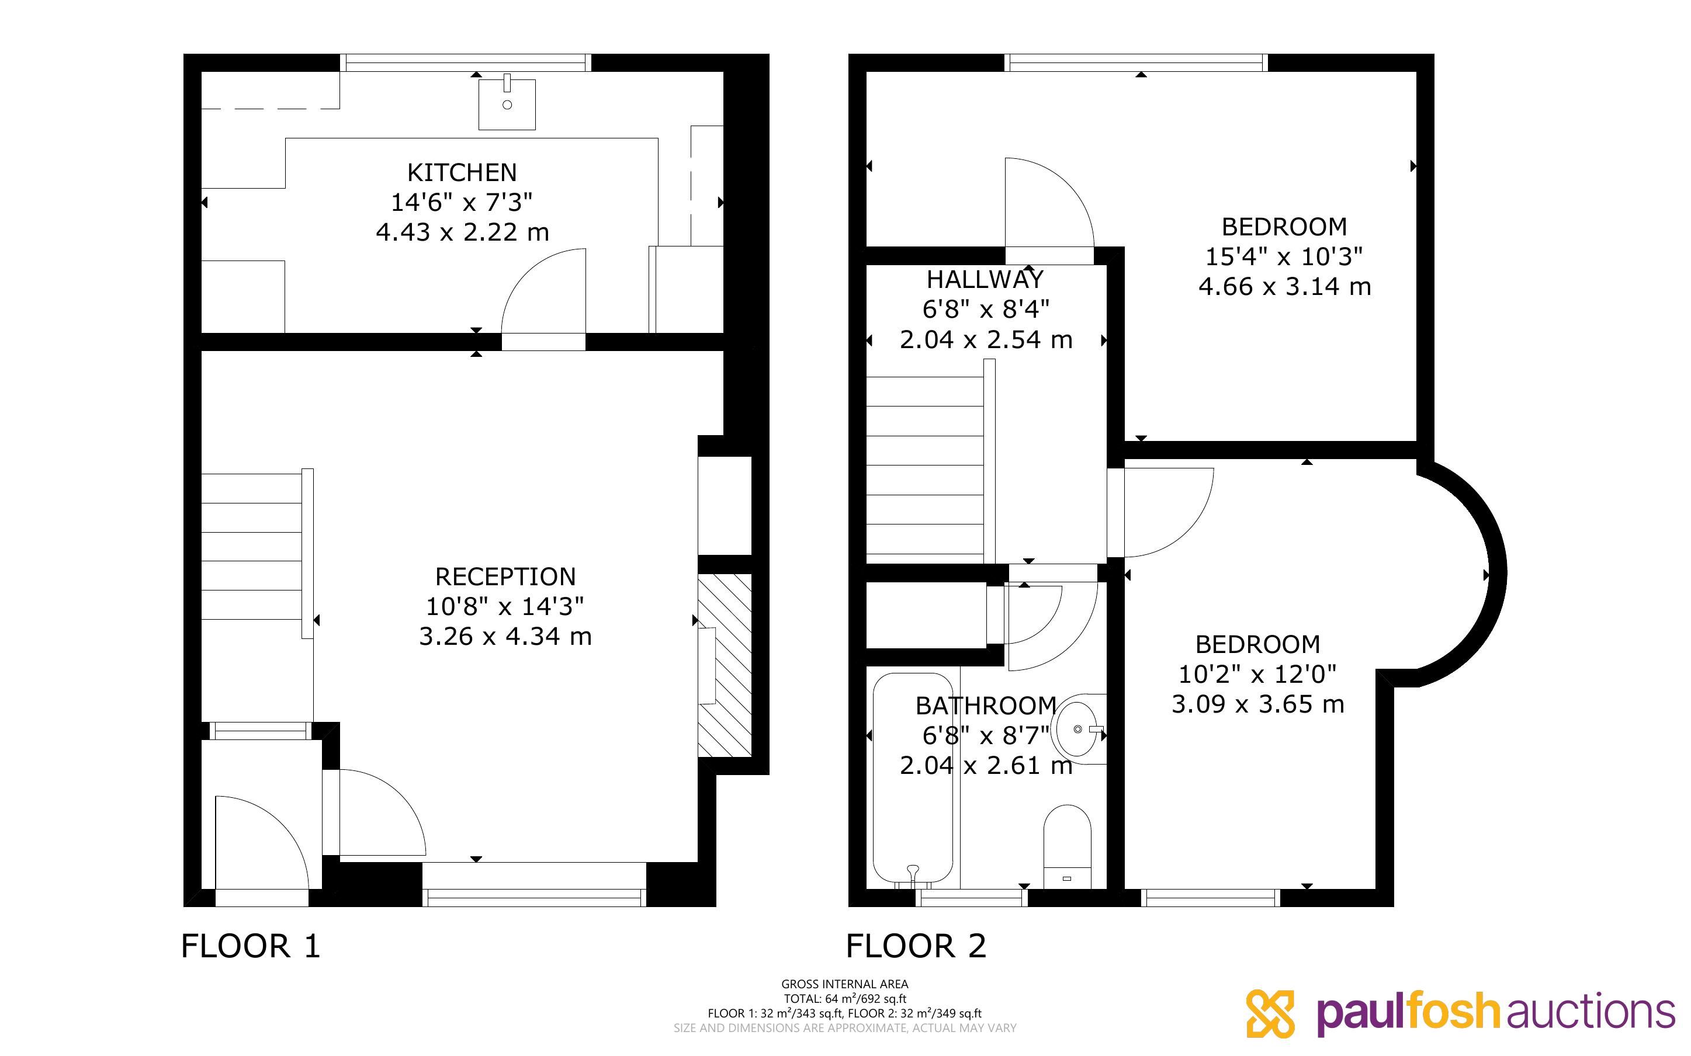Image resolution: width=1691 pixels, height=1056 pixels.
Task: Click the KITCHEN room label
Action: [x=462, y=172]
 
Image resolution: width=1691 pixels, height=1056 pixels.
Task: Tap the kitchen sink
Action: [x=507, y=104]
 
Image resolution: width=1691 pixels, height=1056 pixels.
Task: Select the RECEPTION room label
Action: [x=505, y=577]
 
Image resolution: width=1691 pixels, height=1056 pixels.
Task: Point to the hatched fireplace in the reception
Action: [x=725, y=665]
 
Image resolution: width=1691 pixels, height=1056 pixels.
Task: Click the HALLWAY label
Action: [x=985, y=279]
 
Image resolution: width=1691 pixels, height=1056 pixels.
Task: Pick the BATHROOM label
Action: [x=986, y=706]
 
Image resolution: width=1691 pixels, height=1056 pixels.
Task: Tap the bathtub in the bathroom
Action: [x=913, y=779]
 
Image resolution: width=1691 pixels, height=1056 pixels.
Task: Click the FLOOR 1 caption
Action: [x=251, y=946]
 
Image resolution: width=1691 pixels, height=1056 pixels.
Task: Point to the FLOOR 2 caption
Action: [x=916, y=946]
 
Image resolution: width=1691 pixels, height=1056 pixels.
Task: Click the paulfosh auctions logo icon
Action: [x=1270, y=1013]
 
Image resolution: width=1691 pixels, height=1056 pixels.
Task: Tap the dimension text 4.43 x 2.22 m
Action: [x=462, y=232]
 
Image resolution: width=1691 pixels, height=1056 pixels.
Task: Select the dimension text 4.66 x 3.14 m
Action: [x=1284, y=286]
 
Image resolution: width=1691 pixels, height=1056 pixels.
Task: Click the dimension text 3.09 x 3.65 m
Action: [x=1258, y=704]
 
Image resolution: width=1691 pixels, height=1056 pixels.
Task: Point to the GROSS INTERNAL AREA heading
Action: [x=844, y=984]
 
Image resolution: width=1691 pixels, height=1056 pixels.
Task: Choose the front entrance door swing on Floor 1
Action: [x=276, y=824]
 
